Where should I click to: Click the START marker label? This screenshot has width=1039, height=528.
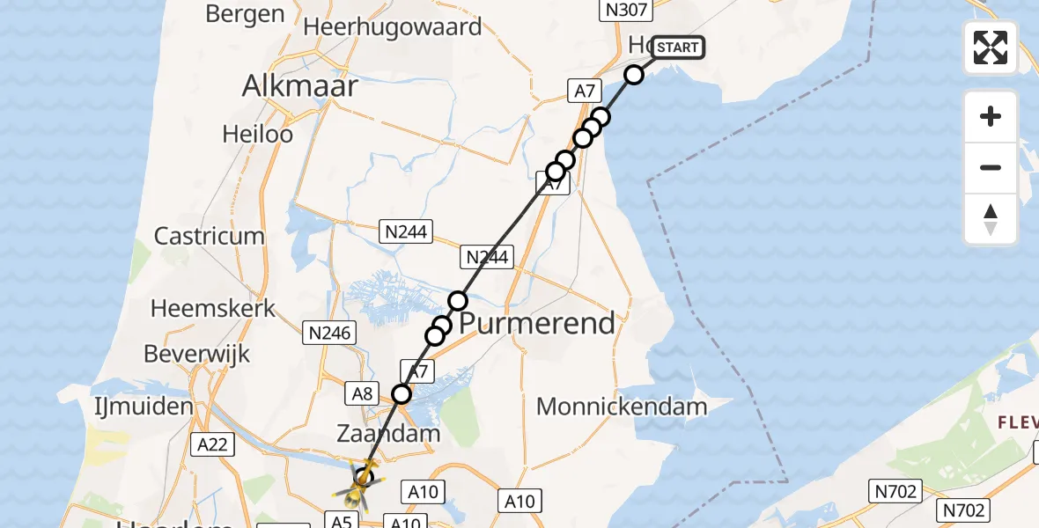[x=678, y=47]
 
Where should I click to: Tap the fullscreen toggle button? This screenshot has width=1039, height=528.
[x=991, y=48]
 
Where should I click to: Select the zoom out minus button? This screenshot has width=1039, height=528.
[x=991, y=167]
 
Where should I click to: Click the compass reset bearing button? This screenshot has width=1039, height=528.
[x=991, y=219]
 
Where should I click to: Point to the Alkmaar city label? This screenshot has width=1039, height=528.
[x=300, y=86]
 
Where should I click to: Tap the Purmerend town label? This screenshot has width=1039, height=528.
[x=537, y=324]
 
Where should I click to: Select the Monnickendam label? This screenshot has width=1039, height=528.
[x=622, y=407]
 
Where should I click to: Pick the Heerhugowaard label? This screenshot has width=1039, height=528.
[x=392, y=26]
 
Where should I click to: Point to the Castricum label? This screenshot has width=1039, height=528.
[x=210, y=236]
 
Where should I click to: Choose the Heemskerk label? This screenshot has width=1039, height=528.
[x=213, y=309]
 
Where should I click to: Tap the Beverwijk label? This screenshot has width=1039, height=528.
[x=197, y=355]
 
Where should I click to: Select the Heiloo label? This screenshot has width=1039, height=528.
[x=258, y=135]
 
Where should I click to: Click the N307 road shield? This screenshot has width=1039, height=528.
[x=624, y=11]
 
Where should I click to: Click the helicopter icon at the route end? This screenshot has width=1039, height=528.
[x=362, y=480]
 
